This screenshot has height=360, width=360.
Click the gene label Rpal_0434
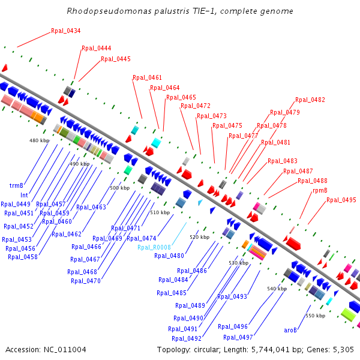coord(66,31)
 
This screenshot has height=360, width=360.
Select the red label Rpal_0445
coord(116,59)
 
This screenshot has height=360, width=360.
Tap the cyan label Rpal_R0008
coord(154,247)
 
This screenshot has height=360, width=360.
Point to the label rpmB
coord(320,190)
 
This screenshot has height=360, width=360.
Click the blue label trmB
coord(16,185)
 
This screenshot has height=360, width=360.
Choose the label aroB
coord(291,329)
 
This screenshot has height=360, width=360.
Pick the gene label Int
coord(24,195)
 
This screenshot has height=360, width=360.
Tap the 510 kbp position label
coord(160,212)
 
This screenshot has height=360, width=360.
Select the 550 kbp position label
coord(315,316)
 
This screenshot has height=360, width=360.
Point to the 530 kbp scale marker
coord(238,263)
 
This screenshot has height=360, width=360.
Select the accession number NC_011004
coord(66,349)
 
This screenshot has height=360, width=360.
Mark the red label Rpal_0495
coord(341,200)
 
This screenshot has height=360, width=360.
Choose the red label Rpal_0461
coord(148,77)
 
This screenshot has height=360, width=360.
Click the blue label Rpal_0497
coord(238,337)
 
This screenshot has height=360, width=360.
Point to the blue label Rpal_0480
coord(169,256)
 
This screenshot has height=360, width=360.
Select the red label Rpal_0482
coord(310,100)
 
